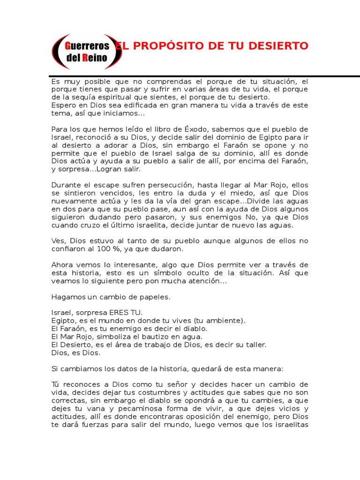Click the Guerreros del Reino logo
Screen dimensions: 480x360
pyautogui.click(x=87, y=52)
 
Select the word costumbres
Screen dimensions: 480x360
pyautogui.click(x=161, y=393)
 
